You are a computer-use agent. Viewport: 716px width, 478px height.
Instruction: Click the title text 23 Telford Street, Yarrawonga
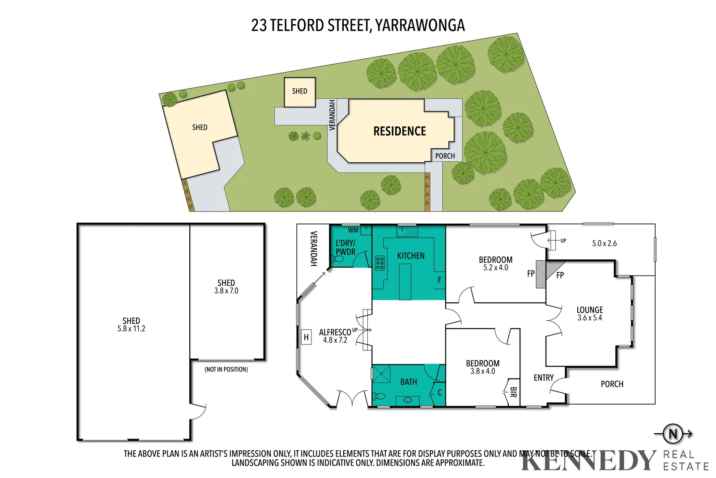pyautogui.click(x=358, y=26)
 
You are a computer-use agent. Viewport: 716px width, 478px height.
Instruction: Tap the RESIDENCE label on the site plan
pyautogui.click(x=400, y=131)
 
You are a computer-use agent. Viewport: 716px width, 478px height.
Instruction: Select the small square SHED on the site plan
pyautogui.click(x=299, y=91)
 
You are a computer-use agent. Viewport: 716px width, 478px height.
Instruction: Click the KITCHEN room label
pyautogui.click(x=410, y=256)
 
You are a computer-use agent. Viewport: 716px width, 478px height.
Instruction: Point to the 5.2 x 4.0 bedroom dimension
pyautogui.click(x=495, y=268)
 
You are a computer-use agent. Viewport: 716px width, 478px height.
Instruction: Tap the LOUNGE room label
pyautogui.click(x=589, y=310)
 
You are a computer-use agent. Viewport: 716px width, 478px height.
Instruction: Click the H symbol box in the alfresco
pyautogui.click(x=306, y=337)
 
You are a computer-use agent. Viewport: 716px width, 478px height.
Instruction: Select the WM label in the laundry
pyautogui.click(x=353, y=230)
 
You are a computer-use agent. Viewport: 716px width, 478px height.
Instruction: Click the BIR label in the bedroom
pyautogui.click(x=513, y=392)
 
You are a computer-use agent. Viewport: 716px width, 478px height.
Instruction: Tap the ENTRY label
pyautogui.click(x=543, y=378)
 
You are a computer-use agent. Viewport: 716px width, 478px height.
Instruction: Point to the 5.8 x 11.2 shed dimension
pyautogui.click(x=131, y=329)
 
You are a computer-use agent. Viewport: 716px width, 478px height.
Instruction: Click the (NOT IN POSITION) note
pyautogui.click(x=226, y=370)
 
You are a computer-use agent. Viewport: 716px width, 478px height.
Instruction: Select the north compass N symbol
pyautogui.click(x=673, y=434)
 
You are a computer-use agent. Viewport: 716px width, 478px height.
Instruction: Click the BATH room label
pyautogui.click(x=408, y=382)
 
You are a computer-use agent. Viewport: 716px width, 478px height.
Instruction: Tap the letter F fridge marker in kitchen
pyautogui.click(x=439, y=280)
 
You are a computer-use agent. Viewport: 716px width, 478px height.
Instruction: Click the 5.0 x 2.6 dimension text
pyautogui.click(x=604, y=243)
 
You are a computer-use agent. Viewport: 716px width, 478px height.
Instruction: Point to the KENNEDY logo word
pyautogui.click(x=588, y=461)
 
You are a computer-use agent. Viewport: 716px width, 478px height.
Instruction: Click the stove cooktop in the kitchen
pyautogui.click(x=380, y=263)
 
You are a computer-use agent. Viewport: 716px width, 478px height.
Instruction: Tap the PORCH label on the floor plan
pyautogui.click(x=612, y=384)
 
